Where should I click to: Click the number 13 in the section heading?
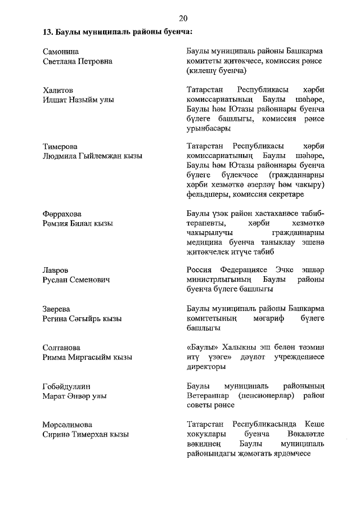point(47,31)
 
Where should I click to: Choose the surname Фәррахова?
point(62,214)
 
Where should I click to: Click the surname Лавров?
point(56,270)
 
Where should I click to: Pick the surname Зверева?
point(58,309)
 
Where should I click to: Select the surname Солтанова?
point(61,348)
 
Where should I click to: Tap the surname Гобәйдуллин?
point(66,386)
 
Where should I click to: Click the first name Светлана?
point(60,61)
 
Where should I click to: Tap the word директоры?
point(206,367)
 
